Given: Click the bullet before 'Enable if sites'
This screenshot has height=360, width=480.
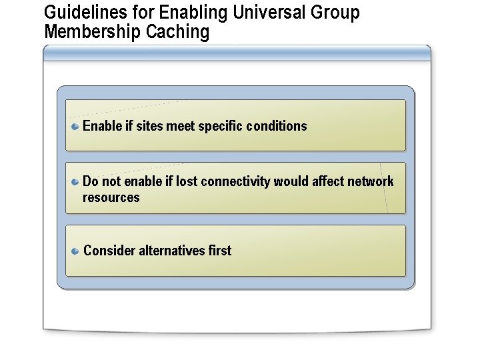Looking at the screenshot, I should pos(76,126).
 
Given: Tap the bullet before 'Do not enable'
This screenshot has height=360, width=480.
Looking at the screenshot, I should pos(76,181).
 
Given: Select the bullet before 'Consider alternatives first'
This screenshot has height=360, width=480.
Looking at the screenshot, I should pos(76,251).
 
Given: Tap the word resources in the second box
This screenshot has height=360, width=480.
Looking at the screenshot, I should pos(111,197).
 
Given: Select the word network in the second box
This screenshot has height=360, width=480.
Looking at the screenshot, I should pos(370,181).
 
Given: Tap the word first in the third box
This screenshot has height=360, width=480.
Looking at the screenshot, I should pos(220,251).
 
